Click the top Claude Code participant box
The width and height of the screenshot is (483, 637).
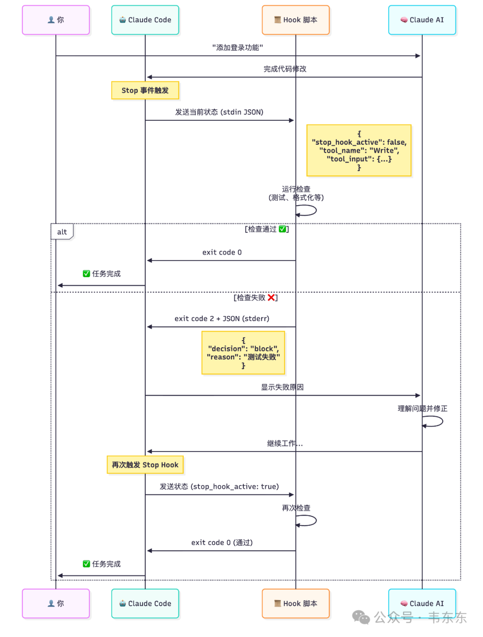145,20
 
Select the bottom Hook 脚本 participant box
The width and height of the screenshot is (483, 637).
296,603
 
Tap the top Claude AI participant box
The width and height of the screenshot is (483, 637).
422,20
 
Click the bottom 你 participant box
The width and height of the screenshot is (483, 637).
56,603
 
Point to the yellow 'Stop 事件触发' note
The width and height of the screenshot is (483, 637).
145,90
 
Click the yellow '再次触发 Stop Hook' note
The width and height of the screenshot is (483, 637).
145,465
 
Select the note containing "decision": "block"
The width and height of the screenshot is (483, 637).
243,353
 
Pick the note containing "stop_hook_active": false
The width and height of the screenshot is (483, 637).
359,150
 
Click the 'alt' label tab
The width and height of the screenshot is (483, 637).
62,232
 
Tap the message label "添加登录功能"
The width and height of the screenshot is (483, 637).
237,47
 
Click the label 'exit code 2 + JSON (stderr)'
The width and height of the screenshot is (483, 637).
222,319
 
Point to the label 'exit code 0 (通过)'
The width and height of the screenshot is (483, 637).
222,543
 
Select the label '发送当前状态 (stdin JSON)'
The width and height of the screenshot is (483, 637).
219,112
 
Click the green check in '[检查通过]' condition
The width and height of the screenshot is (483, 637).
283,229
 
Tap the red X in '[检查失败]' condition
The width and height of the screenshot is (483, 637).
271,298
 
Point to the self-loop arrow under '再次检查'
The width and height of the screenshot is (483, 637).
307,520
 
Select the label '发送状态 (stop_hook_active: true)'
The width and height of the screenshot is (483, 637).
219,486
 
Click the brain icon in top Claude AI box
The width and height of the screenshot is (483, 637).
404,20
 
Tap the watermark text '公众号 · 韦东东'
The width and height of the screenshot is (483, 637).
420,618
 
